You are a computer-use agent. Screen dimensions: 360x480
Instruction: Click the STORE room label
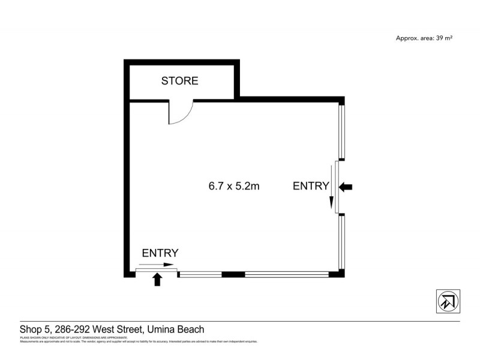(x=179, y=81)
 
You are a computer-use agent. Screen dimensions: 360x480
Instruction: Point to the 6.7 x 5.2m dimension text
(x=233, y=186)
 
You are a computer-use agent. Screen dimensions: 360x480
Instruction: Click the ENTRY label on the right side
(x=310, y=186)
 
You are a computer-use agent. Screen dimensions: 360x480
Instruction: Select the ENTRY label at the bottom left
(x=160, y=253)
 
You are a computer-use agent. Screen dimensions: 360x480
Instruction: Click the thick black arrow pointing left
(x=346, y=187)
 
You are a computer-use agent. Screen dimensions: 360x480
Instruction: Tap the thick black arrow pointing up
(x=158, y=279)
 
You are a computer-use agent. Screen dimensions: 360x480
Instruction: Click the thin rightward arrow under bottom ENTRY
(x=158, y=265)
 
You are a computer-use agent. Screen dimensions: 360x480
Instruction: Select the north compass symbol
(x=447, y=301)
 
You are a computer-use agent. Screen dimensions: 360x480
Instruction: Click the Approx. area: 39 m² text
(x=424, y=38)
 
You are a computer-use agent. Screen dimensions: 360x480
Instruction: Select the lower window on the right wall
(x=341, y=241)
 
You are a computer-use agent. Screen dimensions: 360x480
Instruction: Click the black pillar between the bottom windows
(x=233, y=275)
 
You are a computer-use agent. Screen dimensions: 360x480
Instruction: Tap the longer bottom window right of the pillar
(x=287, y=275)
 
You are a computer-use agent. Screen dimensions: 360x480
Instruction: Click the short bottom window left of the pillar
(x=200, y=275)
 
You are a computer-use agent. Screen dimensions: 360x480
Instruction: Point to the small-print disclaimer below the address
(x=138, y=340)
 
